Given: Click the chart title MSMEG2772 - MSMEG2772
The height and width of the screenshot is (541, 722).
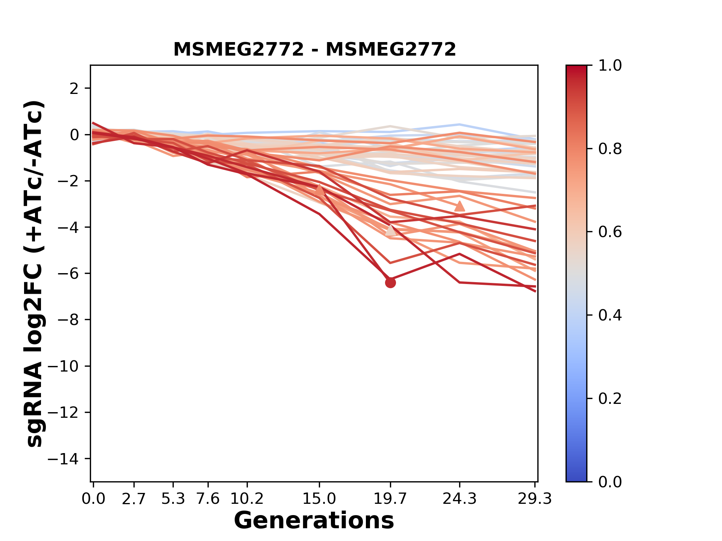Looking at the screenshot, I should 314,50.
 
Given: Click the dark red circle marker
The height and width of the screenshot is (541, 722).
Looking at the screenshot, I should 390,283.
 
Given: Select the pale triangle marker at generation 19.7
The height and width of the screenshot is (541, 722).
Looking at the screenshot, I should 391,231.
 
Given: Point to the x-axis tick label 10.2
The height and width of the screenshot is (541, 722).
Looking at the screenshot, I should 247,499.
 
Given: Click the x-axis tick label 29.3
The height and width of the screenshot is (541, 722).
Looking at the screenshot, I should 535,499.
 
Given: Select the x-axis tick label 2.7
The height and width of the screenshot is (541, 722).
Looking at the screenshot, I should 134,499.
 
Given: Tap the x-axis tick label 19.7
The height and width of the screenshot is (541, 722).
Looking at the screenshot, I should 390,499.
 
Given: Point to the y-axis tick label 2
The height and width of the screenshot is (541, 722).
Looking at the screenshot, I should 75,89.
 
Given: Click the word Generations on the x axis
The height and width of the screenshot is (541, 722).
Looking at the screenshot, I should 314,521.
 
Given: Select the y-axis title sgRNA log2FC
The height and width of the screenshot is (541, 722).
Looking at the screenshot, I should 35,274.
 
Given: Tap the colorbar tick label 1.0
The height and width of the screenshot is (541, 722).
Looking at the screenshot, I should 610,66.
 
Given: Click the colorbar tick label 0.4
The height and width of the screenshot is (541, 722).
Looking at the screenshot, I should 610,315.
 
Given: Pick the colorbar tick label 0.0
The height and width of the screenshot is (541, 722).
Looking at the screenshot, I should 610,482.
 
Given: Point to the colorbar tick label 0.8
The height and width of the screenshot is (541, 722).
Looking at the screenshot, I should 610,149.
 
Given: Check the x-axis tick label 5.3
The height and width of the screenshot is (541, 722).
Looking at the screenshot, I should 173,499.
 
